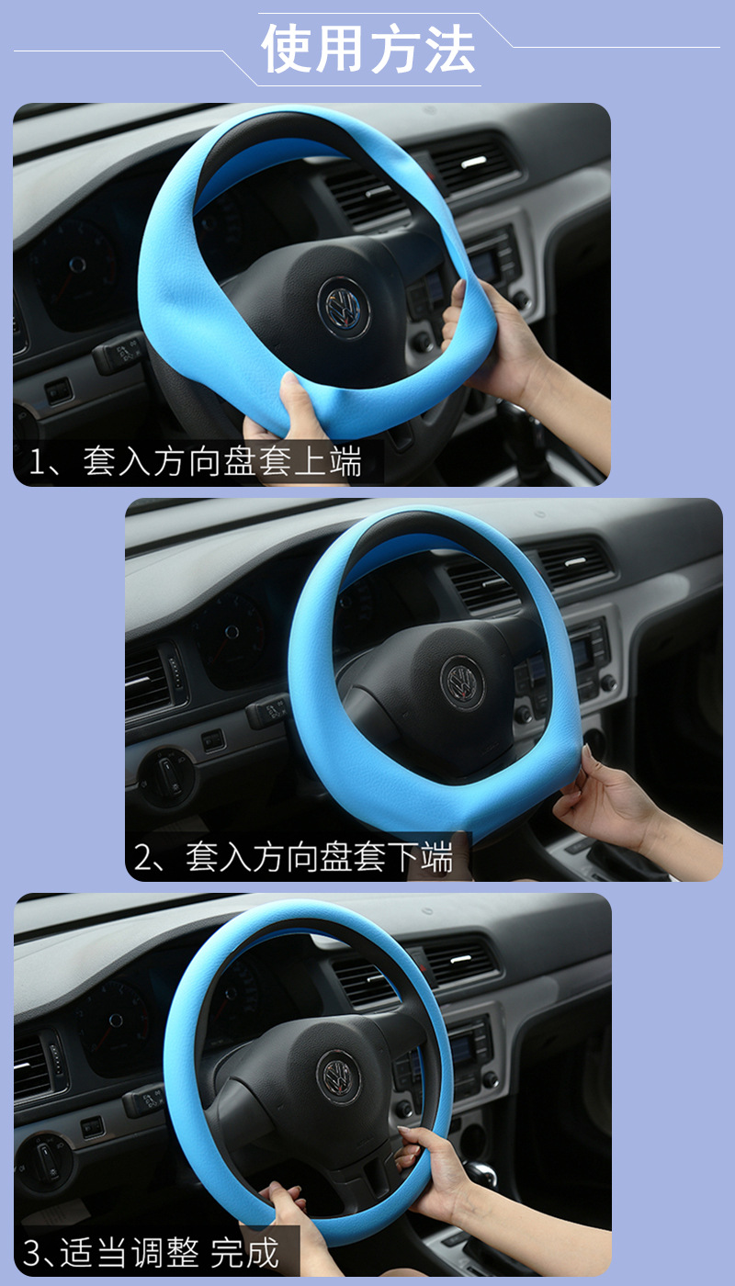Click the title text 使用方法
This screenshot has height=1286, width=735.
pyautogui.click(x=368, y=50)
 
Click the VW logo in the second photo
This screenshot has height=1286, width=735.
pyautogui.click(x=461, y=682)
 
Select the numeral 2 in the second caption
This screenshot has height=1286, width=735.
pyautogui.click(x=144, y=858)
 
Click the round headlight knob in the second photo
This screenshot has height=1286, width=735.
pyautogui.click(x=165, y=773)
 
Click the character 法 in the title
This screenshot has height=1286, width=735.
pyautogui.click(x=449, y=50)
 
